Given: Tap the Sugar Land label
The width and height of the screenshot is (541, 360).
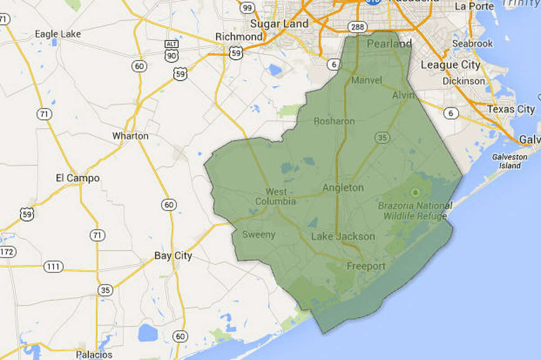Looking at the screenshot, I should [280, 23].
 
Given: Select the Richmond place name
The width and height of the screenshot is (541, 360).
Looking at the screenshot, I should [239, 37].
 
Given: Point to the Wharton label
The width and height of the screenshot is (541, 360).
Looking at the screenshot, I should [130, 136].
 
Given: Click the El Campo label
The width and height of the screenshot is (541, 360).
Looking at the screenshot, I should [78, 178].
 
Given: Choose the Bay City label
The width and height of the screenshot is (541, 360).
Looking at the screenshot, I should [173, 256].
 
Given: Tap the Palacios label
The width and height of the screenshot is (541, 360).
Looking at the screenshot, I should [94, 354].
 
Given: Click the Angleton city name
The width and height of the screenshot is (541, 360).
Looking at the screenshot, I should [343, 188].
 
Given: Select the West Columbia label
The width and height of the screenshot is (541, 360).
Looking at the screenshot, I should [276, 197].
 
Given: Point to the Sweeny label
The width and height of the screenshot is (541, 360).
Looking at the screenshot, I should [259, 235].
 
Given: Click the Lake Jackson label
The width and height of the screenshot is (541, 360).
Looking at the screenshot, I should [343, 236].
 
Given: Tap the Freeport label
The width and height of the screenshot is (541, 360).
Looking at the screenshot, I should [366, 266].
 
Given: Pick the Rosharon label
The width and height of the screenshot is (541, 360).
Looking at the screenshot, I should [334, 121].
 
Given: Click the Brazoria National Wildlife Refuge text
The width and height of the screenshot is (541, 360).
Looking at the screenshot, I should [415, 211].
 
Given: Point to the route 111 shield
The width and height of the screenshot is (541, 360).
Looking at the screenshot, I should [53, 267].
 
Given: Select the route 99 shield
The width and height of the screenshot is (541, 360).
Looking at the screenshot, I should [247, 8].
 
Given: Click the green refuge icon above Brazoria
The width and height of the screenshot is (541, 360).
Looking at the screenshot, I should [415, 193].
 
